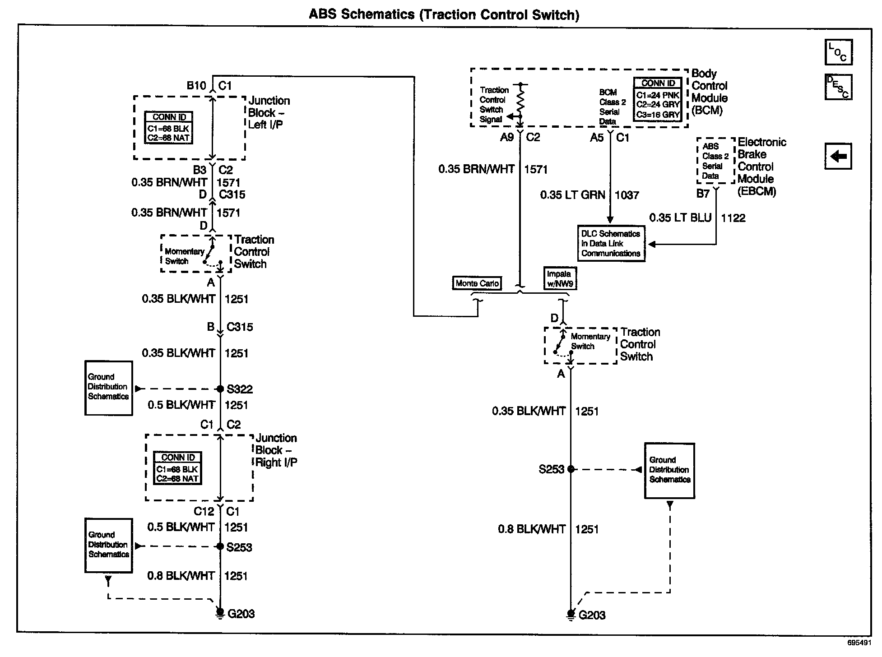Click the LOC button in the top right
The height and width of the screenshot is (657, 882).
838,52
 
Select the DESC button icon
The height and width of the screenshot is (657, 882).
838,87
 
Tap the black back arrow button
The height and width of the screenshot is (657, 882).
838,157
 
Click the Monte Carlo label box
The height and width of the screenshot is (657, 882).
477,283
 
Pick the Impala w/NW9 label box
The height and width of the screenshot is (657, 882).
560,278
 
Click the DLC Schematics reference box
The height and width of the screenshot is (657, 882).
611,244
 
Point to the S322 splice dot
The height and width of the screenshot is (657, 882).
220,389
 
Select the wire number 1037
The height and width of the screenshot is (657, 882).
627,195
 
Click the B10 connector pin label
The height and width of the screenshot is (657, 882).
196,86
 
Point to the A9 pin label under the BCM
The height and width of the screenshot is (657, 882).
507,137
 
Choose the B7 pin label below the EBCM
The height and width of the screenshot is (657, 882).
703,194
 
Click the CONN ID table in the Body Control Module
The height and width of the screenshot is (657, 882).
658,99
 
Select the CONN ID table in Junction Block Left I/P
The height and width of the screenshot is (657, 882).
169,128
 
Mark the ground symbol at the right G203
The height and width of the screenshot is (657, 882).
571,615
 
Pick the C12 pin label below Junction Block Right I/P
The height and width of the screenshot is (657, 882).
204,511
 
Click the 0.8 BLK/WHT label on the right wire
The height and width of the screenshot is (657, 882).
532,529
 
